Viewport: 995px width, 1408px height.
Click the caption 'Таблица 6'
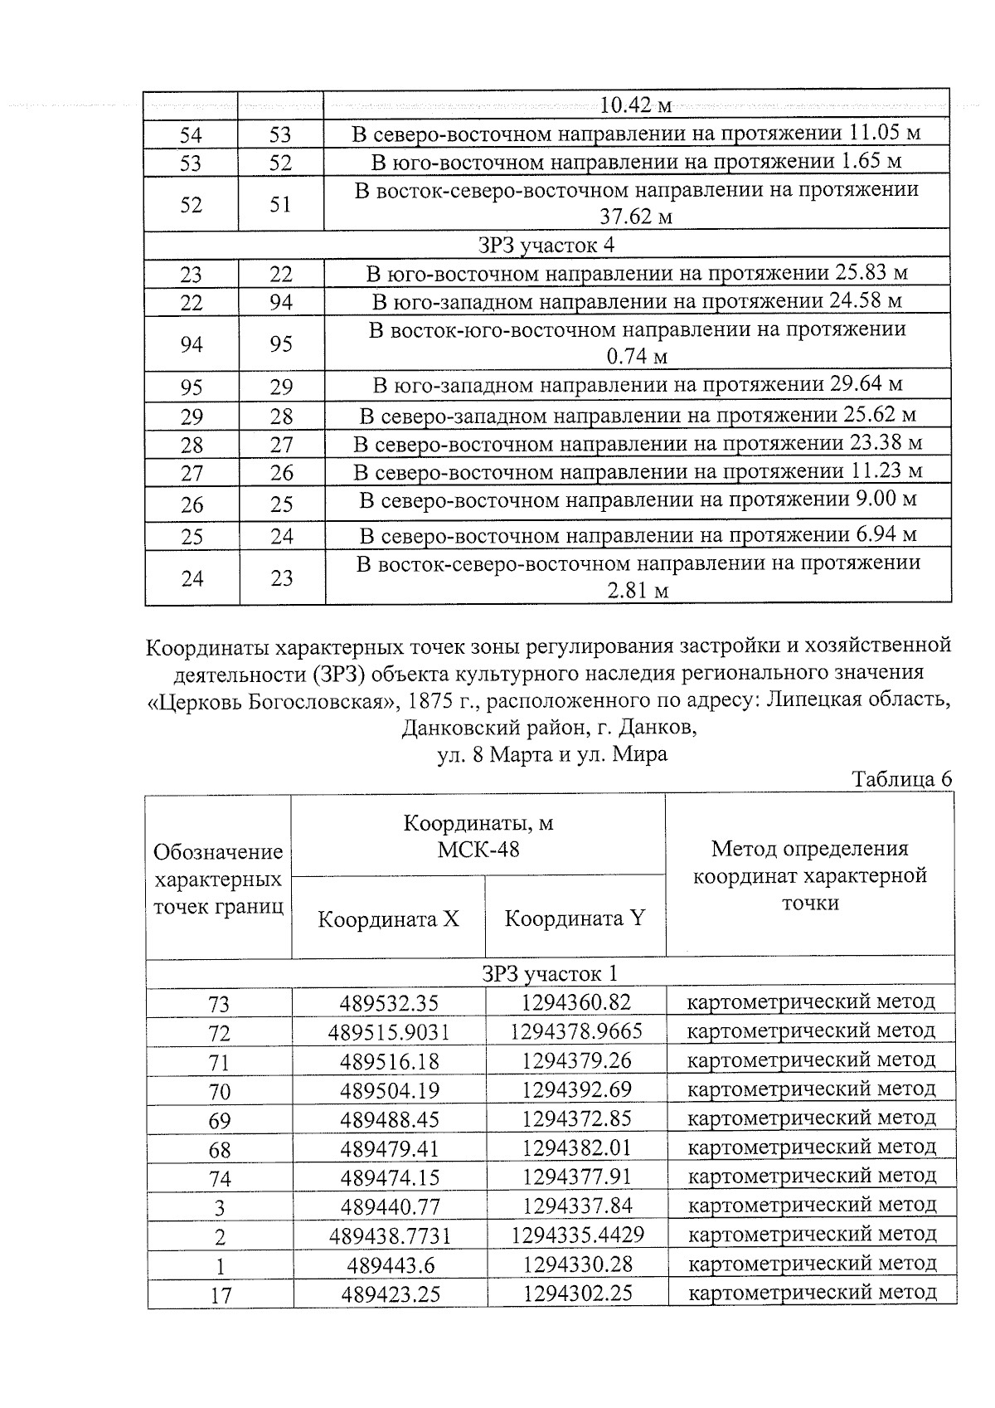pos(901,780)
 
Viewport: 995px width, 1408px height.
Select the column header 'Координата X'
pos(388,919)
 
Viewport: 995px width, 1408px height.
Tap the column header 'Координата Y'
pos(575,918)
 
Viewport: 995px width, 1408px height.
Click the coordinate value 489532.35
pos(388,1003)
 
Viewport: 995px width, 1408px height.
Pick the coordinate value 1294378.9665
pos(575,1031)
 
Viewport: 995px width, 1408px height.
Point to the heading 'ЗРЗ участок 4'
pos(546,246)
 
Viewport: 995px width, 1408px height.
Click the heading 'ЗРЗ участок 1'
pos(550,974)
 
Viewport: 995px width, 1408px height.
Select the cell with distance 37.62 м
pos(636,217)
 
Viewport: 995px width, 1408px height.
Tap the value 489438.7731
pos(390,1235)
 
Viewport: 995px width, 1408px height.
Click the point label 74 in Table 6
pos(219,1178)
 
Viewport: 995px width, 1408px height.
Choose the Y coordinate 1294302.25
pos(576,1293)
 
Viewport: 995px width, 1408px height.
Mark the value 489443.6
pos(388,1264)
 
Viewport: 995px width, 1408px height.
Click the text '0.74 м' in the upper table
pos(636,358)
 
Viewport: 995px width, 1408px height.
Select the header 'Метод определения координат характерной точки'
pos(809,875)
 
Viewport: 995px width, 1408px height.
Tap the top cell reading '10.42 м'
pos(636,106)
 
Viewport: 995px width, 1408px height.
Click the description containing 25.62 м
pos(636,415)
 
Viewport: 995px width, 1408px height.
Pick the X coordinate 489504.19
pos(388,1090)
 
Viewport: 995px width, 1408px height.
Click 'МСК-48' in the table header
pos(478,850)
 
